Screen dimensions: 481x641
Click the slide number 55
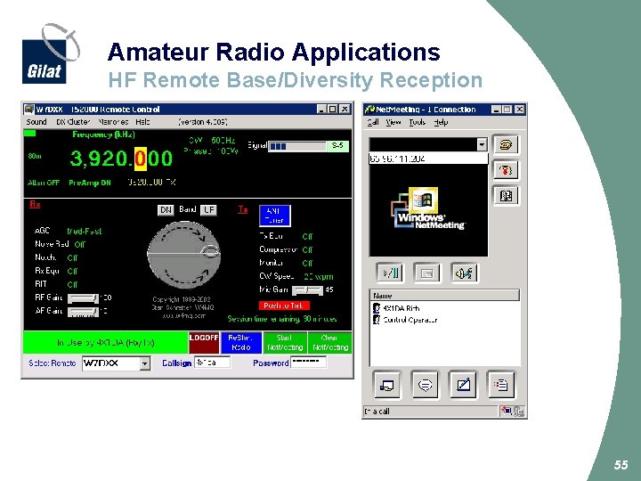point(621,465)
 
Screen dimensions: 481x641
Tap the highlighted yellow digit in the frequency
point(140,159)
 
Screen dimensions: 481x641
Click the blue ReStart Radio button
point(240,343)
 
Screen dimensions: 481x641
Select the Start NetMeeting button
point(284,343)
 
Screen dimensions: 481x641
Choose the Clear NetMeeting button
point(329,343)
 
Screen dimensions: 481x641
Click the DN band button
point(166,210)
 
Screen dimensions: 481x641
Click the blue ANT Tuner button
point(274,215)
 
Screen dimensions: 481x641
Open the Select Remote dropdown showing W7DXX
point(117,363)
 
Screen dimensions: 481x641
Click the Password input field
point(309,363)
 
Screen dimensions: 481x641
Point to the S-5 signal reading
point(337,145)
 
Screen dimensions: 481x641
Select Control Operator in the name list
point(409,319)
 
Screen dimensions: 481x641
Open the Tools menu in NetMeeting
point(417,122)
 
